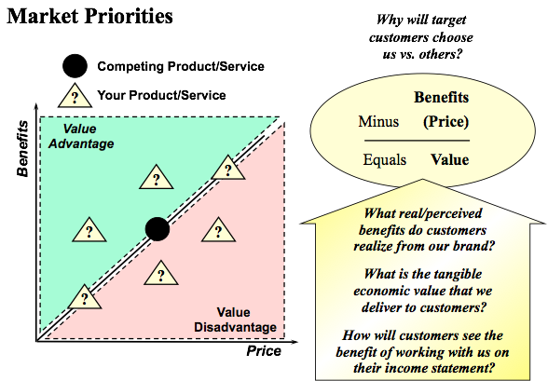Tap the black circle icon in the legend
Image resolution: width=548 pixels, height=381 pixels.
[75, 66]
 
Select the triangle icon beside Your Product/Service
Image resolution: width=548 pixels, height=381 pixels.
[75, 95]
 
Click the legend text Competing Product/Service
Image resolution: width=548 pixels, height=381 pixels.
[181, 66]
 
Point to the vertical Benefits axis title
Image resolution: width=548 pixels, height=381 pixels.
[23, 148]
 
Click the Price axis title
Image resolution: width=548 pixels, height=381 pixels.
[264, 351]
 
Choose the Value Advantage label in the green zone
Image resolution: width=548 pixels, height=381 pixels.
[81, 136]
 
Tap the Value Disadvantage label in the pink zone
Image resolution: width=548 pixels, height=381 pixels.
[235, 320]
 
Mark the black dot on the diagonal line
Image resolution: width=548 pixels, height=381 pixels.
[158, 229]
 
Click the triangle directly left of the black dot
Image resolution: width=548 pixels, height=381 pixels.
[89, 230]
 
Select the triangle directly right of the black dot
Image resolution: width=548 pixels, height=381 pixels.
[218, 230]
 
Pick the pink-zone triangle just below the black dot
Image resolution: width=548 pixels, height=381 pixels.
[160, 274]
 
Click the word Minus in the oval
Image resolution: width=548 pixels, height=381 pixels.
[378, 121]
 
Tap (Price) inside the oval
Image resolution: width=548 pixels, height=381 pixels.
[445, 122]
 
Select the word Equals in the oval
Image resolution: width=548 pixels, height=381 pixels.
[384, 160]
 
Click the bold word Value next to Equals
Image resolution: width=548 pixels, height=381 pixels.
[450, 159]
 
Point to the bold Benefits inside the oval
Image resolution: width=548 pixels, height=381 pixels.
[442, 98]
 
